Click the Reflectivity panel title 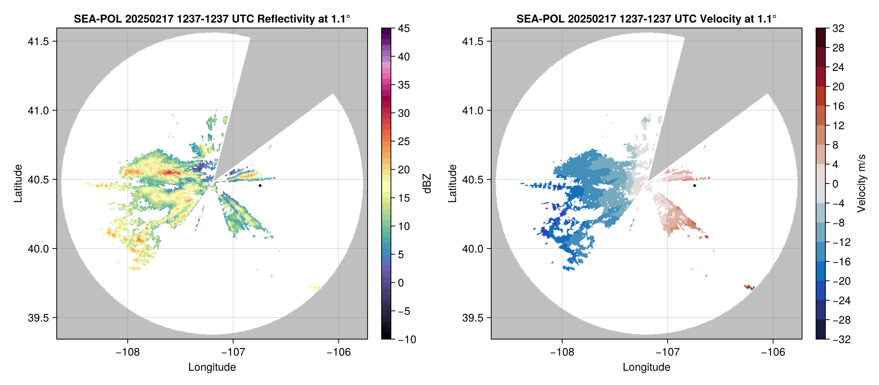[x=212, y=19]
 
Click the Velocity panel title [x=646, y=19]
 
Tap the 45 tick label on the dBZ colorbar [x=404, y=28]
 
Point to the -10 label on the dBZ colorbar [x=407, y=339]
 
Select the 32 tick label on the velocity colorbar [x=838, y=28]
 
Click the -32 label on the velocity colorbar [x=841, y=339]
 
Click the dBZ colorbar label [x=427, y=184]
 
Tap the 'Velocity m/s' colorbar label [x=862, y=184]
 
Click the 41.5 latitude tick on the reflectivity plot [x=38, y=42]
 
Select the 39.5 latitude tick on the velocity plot [x=473, y=318]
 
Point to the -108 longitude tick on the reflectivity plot [x=127, y=352]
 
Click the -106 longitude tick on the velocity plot [x=773, y=352]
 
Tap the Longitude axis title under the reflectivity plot [x=212, y=367]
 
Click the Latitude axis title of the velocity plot [x=452, y=184]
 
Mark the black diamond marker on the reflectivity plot [x=260, y=185]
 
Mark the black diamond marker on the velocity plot [x=694, y=185]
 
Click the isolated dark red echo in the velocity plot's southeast [x=749, y=287]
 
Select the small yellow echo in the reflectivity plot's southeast [x=315, y=287]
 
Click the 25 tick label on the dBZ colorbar [x=404, y=142]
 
